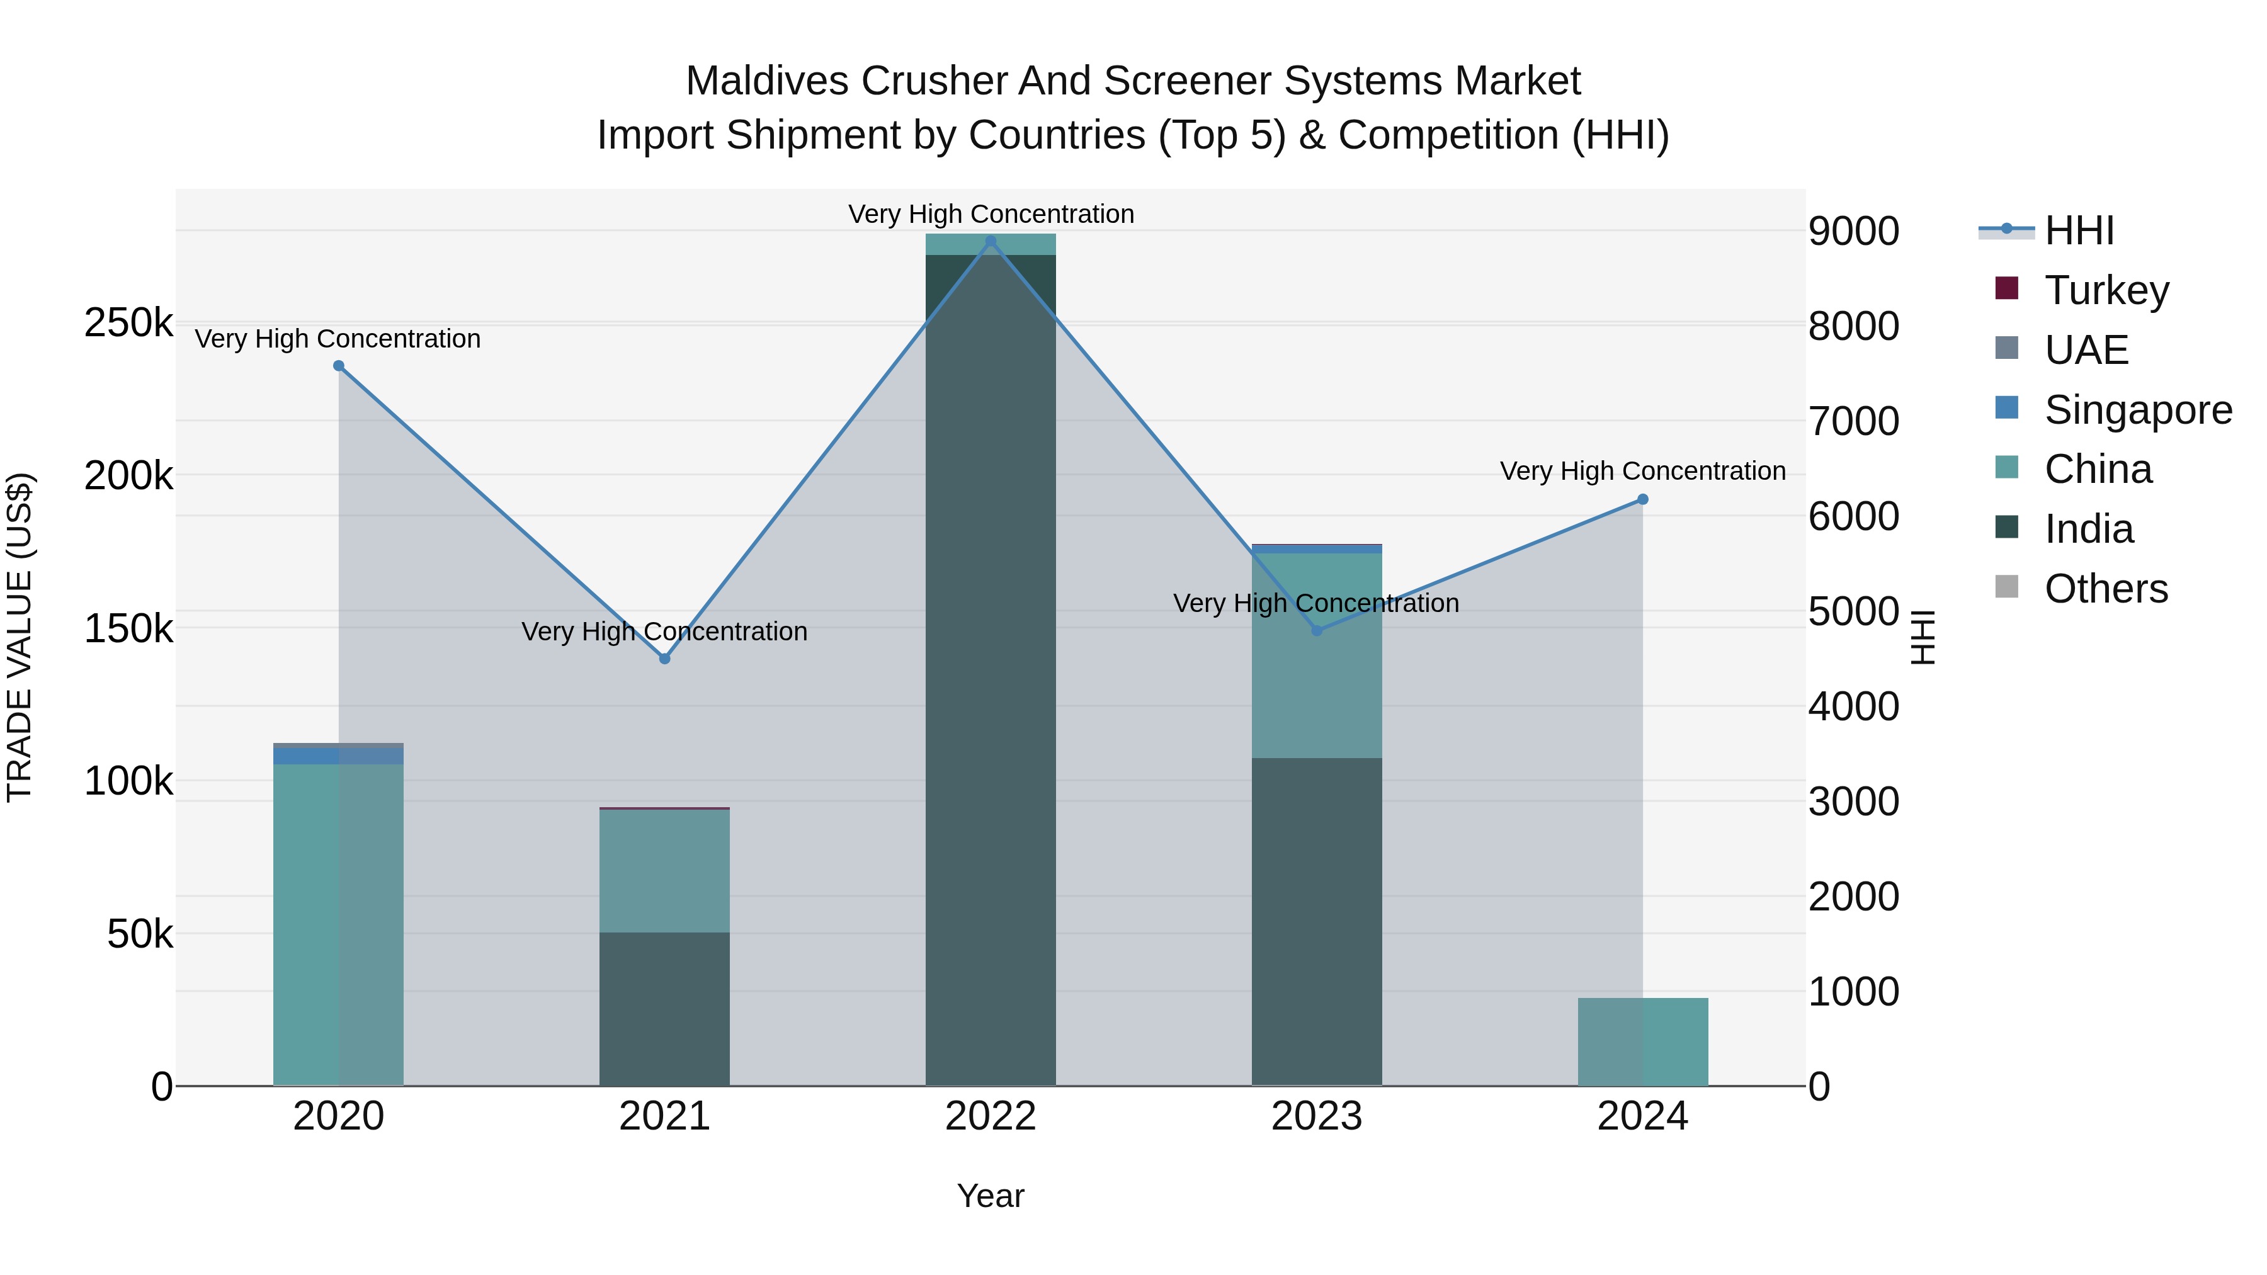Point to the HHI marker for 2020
[339, 365]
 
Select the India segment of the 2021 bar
[664, 1009]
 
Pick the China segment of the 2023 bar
[1317, 655]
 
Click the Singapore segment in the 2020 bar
[339, 756]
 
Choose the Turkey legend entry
[2106, 290]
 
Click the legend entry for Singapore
[2137, 409]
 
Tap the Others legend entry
[2105, 589]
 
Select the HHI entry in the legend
[2078, 230]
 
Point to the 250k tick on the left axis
[128, 323]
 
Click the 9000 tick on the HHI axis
[1853, 232]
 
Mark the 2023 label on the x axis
[1317, 1116]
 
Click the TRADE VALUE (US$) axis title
[20, 637]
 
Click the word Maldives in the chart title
[766, 81]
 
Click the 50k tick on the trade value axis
[140, 934]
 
